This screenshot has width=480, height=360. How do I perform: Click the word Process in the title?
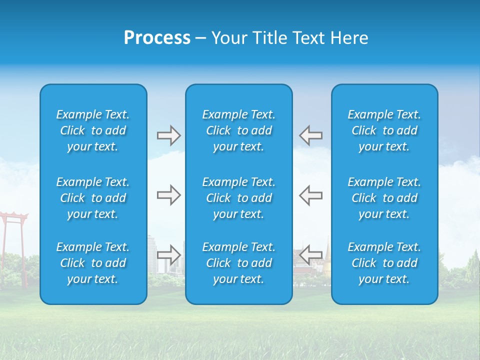click(x=157, y=38)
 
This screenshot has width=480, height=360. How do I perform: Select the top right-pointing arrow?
click(x=168, y=135)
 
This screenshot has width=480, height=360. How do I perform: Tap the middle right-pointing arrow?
click(x=168, y=195)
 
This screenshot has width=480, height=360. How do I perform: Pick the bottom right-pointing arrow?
click(x=168, y=255)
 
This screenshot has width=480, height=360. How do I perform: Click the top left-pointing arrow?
click(x=311, y=135)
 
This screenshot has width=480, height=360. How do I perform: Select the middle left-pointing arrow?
click(x=311, y=195)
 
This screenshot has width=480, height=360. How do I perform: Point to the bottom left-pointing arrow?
click(x=311, y=255)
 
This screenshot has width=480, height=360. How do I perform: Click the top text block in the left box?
click(x=93, y=130)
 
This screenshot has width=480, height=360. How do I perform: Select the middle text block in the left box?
click(x=93, y=198)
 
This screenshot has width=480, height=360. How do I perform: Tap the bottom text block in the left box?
click(x=93, y=263)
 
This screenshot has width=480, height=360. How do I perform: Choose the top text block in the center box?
click(x=239, y=130)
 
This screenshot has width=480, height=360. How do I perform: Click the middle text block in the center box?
click(x=239, y=198)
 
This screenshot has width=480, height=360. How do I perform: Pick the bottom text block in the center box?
click(x=239, y=263)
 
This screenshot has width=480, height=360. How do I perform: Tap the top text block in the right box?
click(x=384, y=130)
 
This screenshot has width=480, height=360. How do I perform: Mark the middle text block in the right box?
click(x=384, y=198)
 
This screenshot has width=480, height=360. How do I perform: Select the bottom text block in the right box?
click(x=384, y=263)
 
